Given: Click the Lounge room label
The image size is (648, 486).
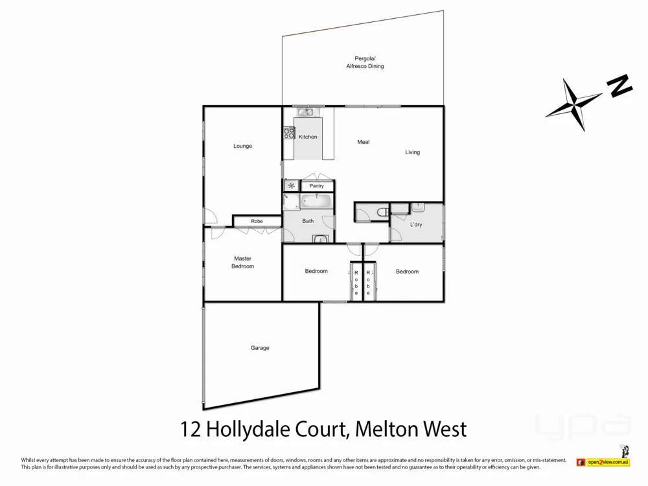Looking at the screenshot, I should tap(242, 146).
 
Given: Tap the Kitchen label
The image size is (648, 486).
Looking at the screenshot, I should tap(308, 137).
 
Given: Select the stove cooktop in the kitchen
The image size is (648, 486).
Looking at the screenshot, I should tap(288, 134).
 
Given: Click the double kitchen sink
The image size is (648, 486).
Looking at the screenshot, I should tap(305, 112).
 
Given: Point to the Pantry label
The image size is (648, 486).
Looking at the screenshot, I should tap(316, 186).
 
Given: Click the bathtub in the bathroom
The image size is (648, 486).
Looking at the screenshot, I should tap(316, 202).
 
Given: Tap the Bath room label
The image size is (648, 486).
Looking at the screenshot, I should tap(308, 221).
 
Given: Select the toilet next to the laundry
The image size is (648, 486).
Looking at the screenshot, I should tap(381, 211).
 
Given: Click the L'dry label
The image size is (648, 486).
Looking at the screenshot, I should tap(416, 225).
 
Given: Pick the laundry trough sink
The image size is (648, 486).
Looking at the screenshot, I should tap(418, 207).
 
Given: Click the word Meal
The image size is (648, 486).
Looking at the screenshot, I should tap(363, 142).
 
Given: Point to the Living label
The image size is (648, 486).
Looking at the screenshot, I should tap(413, 152).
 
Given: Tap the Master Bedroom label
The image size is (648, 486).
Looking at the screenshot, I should tap(243, 262).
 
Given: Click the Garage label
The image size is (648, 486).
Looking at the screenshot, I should tap(260, 348).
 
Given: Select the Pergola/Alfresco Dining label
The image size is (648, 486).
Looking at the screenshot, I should tap(364, 62).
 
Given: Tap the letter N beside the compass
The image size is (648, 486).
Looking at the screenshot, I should tap(619, 86).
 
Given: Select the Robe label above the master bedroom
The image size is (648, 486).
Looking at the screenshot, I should tap(257, 221).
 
